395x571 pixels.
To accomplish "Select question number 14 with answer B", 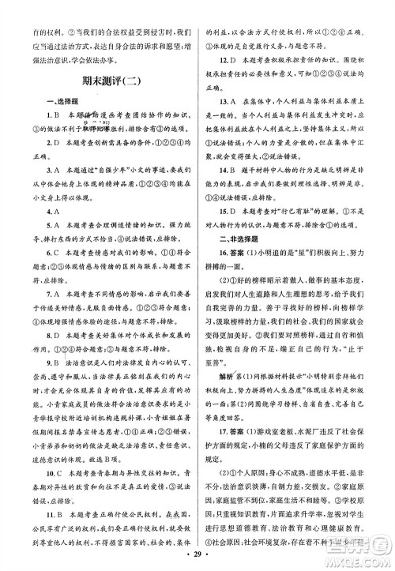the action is pos(224,190).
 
